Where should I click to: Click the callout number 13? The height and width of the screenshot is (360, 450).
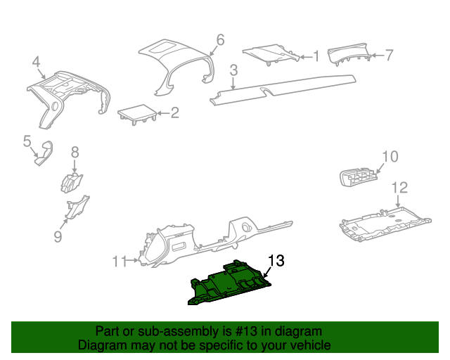(276, 261)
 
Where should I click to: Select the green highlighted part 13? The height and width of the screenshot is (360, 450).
(229, 284)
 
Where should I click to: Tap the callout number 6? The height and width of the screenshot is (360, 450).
(220, 40)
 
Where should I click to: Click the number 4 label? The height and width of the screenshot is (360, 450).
(36, 64)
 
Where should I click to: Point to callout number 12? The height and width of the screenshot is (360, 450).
(399, 187)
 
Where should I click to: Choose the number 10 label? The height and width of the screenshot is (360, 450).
(390, 156)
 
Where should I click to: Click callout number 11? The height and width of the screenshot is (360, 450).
(118, 262)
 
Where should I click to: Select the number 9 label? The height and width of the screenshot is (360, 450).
(58, 237)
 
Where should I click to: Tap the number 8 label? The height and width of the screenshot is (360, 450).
(75, 152)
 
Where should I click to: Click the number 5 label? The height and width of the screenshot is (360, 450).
(27, 141)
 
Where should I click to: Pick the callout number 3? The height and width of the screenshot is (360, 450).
(233, 70)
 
